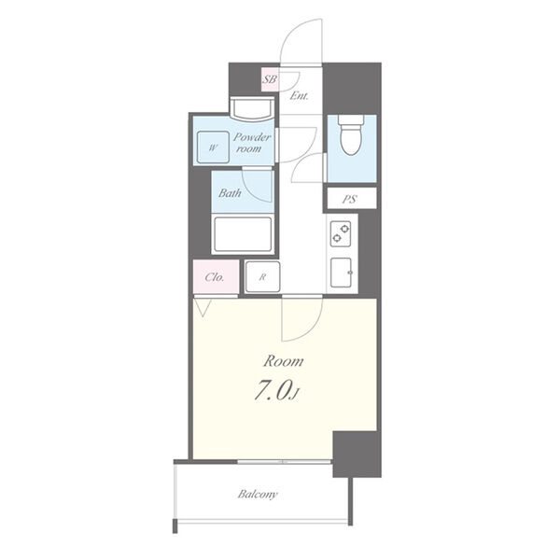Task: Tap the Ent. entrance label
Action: click(299, 96)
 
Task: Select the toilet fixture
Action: click(352, 134)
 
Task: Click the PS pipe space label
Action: click(350, 199)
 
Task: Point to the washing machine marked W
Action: click(213, 147)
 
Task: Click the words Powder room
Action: click(251, 143)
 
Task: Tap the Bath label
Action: click(230, 193)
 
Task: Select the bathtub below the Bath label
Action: click(243, 234)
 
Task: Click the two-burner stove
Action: click(341, 233)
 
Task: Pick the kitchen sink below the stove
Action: click(341, 273)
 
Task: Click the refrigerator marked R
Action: click(262, 277)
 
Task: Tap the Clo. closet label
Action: click(215, 277)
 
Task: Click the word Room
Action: click(283, 361)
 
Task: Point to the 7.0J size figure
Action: click(276, 391)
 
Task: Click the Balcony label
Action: click(258, 495)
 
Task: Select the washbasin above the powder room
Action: click(252, 108)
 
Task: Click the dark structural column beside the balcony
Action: click(357, 454)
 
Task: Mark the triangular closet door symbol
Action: click(203, 308)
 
